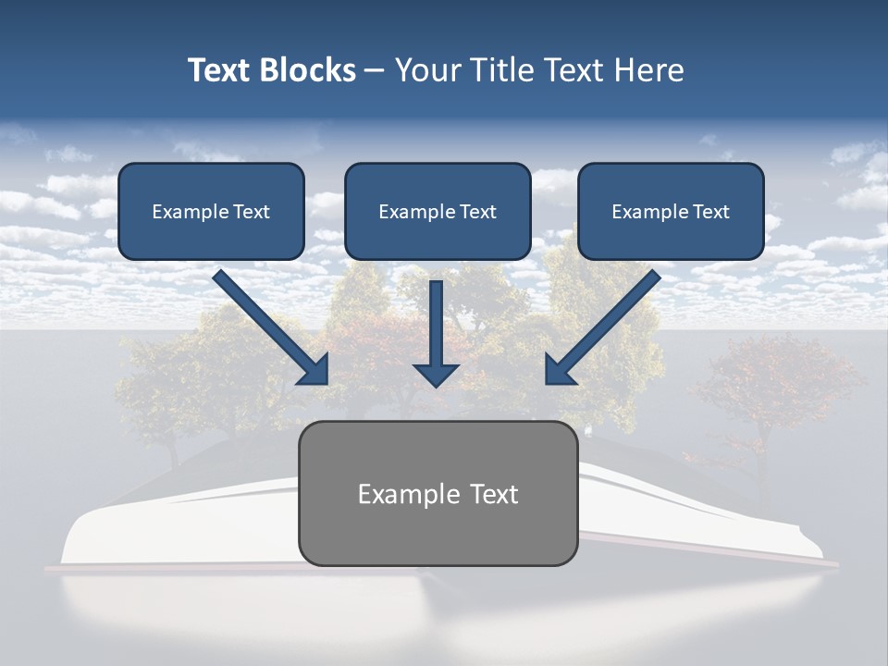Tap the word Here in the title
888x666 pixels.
tap(649, 70)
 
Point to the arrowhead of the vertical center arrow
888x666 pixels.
tap(436, 374)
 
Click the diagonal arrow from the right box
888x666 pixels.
tap(606, 324)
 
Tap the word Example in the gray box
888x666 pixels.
tap(396, 494)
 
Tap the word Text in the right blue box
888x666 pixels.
tap(711, 212)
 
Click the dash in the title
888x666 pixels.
tap(374, 70)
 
